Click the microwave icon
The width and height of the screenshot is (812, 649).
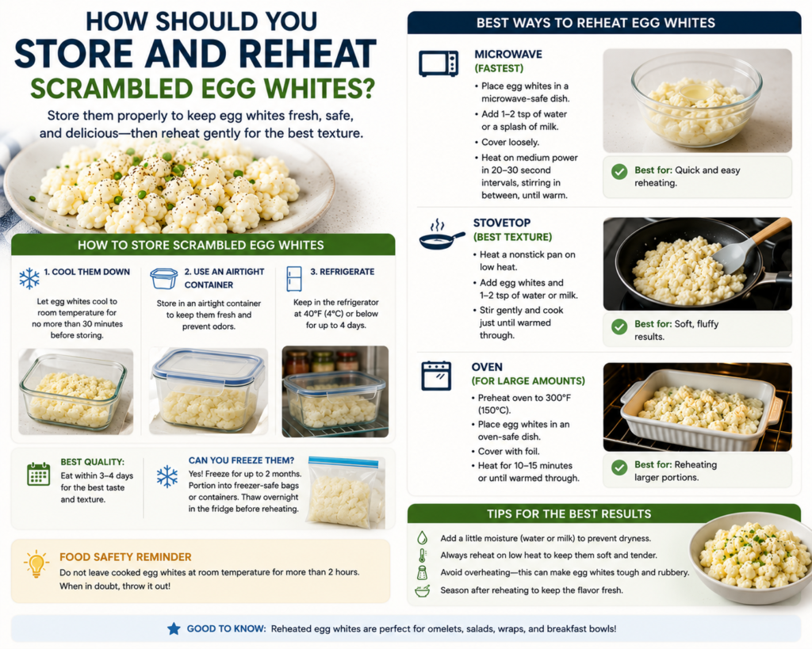pyautogui.click(x=439, y=63)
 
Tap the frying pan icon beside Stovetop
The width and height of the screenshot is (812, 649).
pyautogui.click(x=442, y=235)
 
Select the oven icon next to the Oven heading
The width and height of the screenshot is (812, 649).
pyautogui.click(x=436, y=376)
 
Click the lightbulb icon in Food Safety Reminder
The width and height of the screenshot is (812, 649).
pyautogui.click(x=36, y=563)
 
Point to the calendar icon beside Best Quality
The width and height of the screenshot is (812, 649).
pyautogui.click(x=38, y=474)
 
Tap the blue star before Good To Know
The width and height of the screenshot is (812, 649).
pyautogui.click(x=174, y=629)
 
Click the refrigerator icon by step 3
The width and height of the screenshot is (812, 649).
pyautogui.click(x=294, y=279)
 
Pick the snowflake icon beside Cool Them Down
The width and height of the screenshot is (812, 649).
pyautogui.click(x=29, y=278)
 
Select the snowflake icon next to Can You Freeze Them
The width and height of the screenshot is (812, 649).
pyautogui.click(x=167, y=476)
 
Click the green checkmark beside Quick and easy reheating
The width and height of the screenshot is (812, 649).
pyautogui.click(x=619, y=172)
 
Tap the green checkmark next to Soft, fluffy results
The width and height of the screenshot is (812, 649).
pyautogui.click(x=619, y=326)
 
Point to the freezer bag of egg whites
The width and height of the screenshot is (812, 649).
pyautogui.click(x=346, y=493)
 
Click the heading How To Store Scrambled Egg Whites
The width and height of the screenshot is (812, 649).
pyautogui.click(x=201, y=246)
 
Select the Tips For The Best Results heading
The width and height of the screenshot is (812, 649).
pyautogui.click(x=569, y=514)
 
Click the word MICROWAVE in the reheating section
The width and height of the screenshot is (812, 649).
pyautogui.click(x=501, y=55)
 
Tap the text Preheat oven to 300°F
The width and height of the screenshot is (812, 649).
pyautogui.click(x=525, y=398)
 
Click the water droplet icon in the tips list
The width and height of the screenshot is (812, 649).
pyautogui.click(x=423, y=537)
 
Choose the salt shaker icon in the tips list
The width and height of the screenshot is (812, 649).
pyautogui.click(x=423, y=572)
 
